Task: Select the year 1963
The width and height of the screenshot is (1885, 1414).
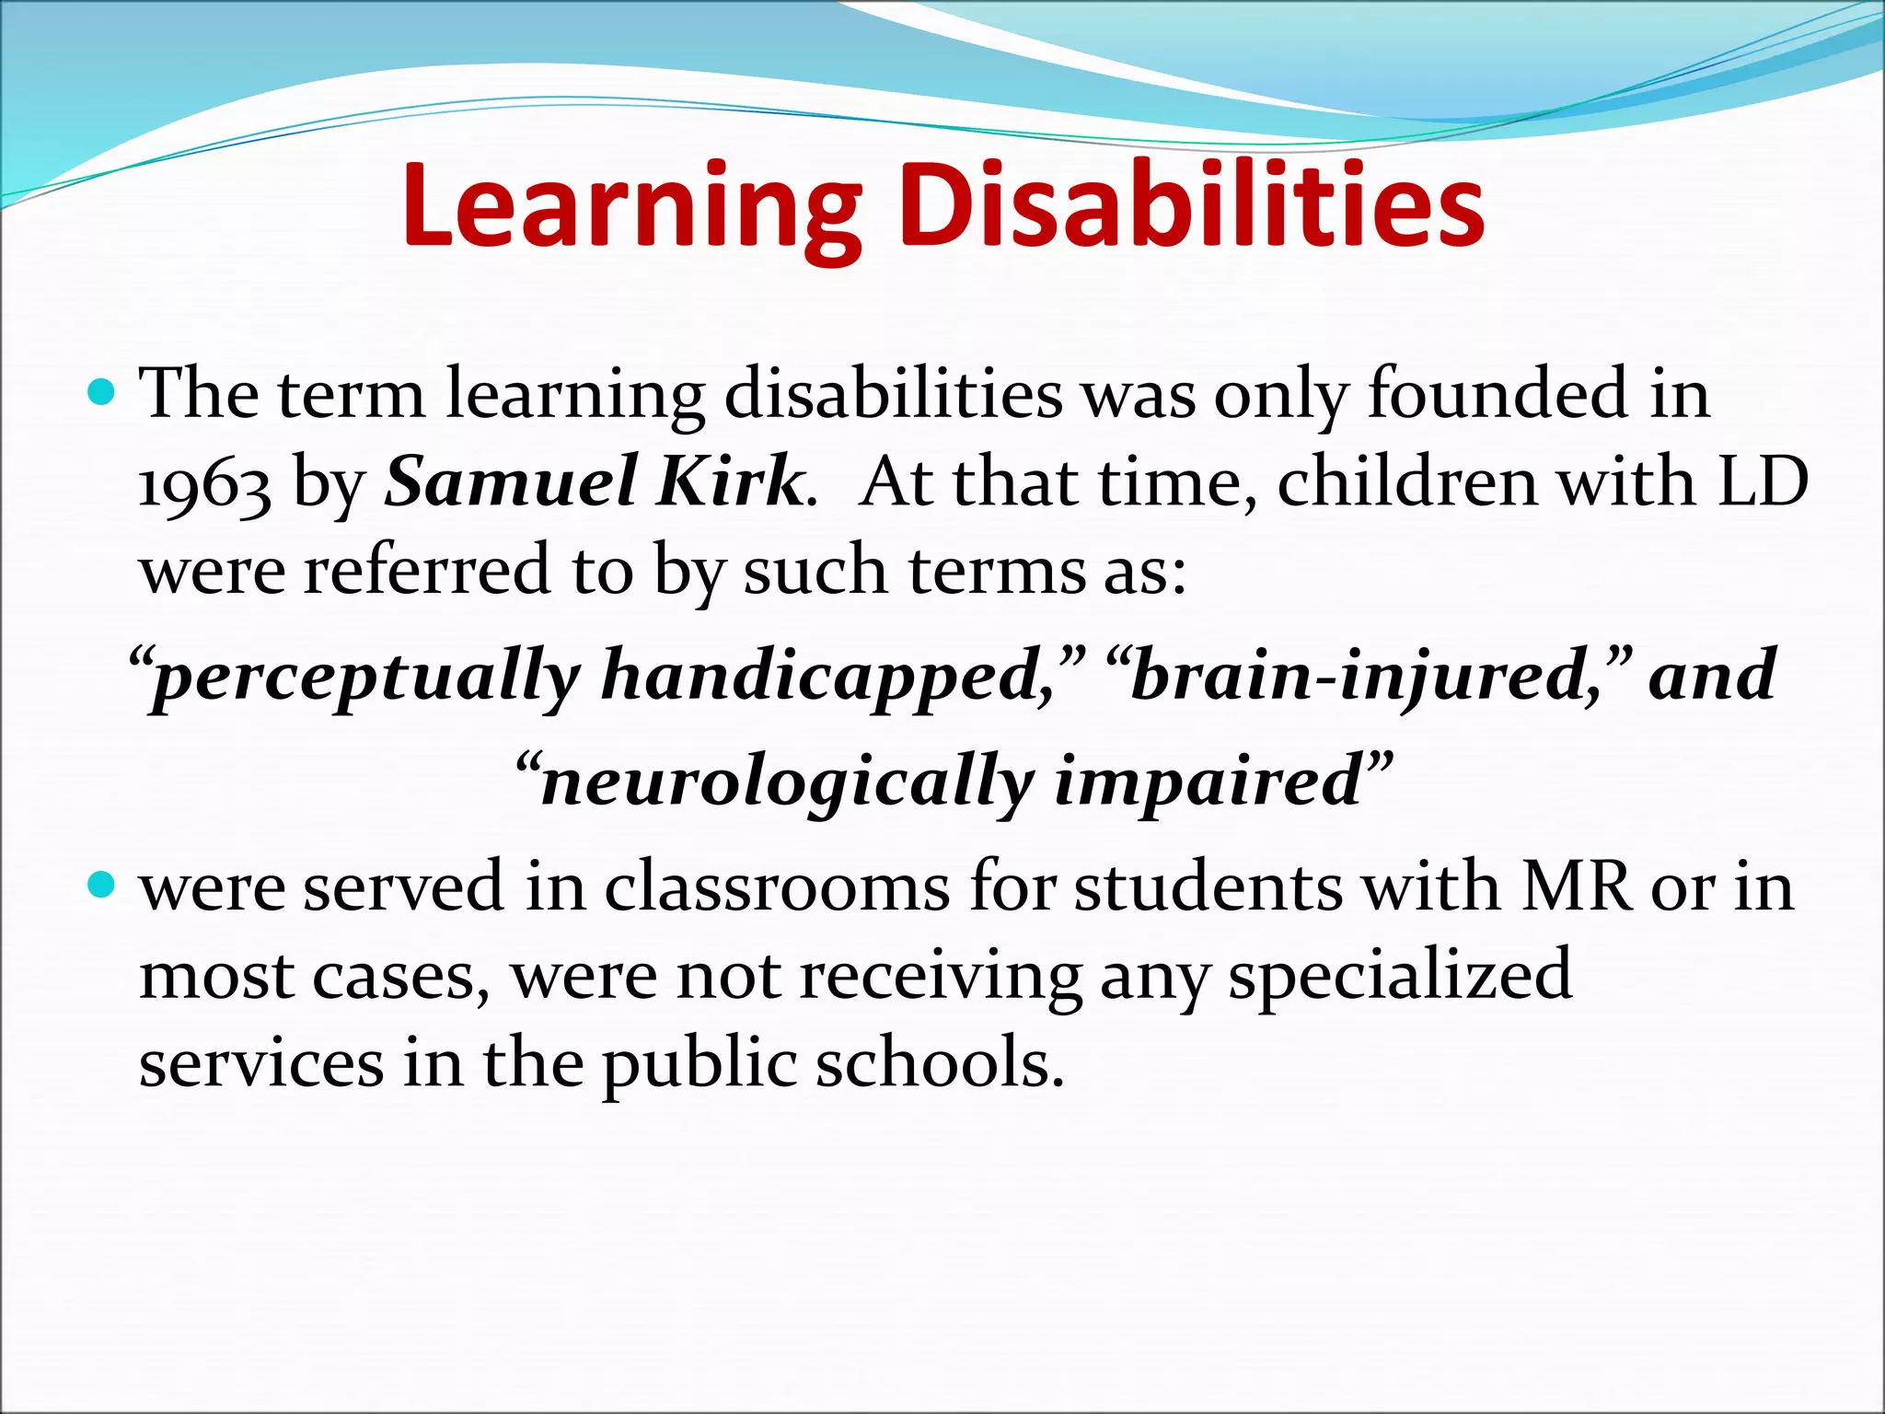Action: [x=204, y=484]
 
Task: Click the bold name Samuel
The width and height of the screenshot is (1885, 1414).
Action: [x=509, y=482]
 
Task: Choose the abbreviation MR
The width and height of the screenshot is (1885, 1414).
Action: [x=1575, y=887]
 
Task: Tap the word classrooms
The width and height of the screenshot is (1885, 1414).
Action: [x=777, y=887]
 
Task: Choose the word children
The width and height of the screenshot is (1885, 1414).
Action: [x=1407, y=482]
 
